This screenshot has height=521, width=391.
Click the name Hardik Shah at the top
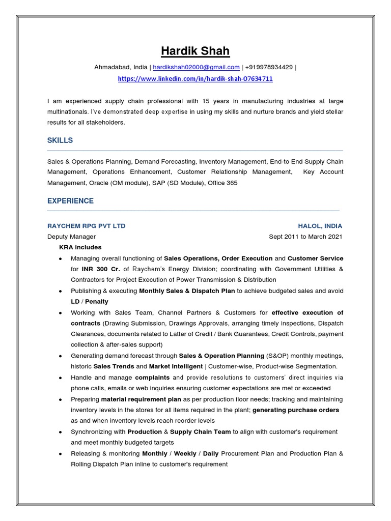click(x=195, y=51)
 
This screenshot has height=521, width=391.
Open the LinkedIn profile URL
click(x=195, y=79)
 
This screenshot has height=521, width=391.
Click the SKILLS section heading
click(x=60, y=140)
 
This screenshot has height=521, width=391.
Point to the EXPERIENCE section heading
click(x=70, y=201)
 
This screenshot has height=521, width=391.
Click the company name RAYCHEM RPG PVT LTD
click(x=86, y=226)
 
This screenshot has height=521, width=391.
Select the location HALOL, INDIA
click(x=320, y=226)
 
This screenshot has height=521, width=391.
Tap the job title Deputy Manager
click(x=71, y=237)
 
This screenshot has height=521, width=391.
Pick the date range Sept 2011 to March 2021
click(x=305, y=237)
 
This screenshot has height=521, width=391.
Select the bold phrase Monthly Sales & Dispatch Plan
click(x=187, y=291)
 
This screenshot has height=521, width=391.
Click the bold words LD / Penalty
click(x=90, y=302)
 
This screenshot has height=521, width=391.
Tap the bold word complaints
click(x=152, y=378)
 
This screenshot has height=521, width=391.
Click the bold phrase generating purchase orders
click(x=296, y=410)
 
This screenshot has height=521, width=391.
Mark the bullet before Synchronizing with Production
click(x=61, y=432)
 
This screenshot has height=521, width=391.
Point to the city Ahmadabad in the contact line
click(x=112, y=67)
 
